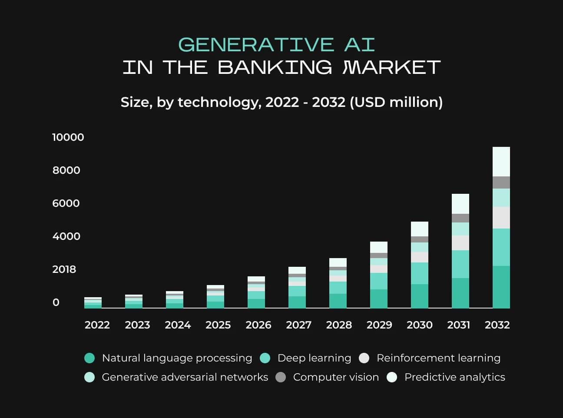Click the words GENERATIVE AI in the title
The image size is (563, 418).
click(277, 45)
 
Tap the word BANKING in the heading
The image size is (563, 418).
click(275, 67)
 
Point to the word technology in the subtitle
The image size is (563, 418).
click(219, 103)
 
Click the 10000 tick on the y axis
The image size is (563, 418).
click(68, 137)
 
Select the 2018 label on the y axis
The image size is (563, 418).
click(64, 269)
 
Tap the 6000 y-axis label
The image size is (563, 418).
click(66, 203)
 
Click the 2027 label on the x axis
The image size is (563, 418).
click(299, 325)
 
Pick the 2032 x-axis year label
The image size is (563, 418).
click(497, 325)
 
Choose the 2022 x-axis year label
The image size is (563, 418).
click(97, 325)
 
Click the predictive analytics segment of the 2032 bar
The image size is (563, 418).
click(501, 162)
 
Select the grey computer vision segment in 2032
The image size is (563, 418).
click(501, 182)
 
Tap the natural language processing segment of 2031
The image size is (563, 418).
click(460, 293)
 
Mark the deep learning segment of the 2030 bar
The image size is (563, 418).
click(420, 273)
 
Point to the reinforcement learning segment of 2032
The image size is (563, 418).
click(501, 218)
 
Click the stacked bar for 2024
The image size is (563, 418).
click(175, 300)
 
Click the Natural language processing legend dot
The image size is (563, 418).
click(89, 358)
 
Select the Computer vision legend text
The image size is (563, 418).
click(336, 377)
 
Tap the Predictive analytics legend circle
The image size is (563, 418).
click(392, 377)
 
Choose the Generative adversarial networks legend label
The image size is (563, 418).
click(185, 377)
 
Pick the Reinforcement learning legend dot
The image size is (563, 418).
click(364, 358)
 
